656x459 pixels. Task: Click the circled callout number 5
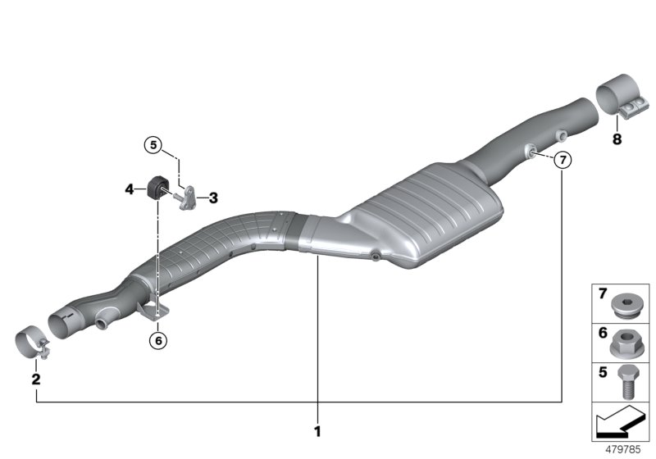tap(153, 145)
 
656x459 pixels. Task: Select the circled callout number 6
tap(158, 338)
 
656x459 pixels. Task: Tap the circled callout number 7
tap(561, 161)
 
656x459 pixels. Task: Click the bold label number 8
tap(617, 139)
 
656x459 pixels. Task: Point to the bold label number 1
tap(318, 430)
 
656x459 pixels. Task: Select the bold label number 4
tap(129, 189)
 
